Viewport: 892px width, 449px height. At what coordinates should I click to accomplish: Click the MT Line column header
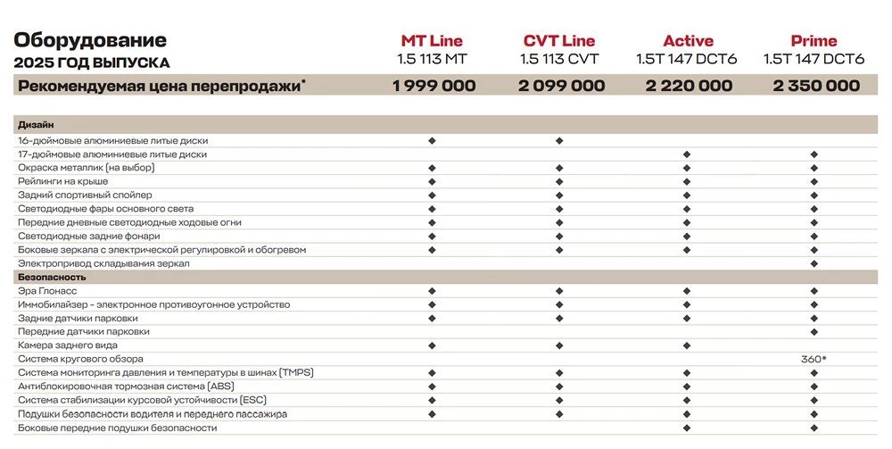coord(432,41)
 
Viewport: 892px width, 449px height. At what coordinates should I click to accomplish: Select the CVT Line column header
coord(559,41)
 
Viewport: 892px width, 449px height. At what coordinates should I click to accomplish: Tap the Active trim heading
coord(688,41)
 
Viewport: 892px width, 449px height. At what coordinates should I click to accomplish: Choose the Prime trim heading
coord(814,41)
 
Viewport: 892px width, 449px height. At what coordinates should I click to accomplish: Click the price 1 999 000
coord(434,86)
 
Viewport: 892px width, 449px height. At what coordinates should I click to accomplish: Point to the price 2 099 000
coord(561,86)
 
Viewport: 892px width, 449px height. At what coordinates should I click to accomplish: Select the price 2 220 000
coord(688,86)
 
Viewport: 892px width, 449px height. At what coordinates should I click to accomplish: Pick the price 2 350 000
coord(815,86)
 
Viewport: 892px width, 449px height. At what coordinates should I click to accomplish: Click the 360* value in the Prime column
coord(814,359)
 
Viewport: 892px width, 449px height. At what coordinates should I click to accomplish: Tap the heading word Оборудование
coord(90,40)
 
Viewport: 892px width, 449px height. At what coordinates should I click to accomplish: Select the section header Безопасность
coord(52,278)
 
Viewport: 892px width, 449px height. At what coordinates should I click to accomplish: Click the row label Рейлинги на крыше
coord(62,181)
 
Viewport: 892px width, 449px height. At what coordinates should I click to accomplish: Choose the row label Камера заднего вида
coord(68,345)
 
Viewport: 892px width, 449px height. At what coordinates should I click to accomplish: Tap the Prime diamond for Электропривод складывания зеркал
coord(814,263)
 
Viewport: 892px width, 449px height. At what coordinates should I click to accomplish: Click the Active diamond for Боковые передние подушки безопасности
coord(687,428)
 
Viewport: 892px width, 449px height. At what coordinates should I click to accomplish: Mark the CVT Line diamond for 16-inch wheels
coord(559,140)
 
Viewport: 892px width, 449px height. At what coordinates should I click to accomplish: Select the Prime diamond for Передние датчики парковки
coord(814,332)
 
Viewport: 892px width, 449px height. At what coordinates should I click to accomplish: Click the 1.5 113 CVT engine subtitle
coord(559,60)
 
